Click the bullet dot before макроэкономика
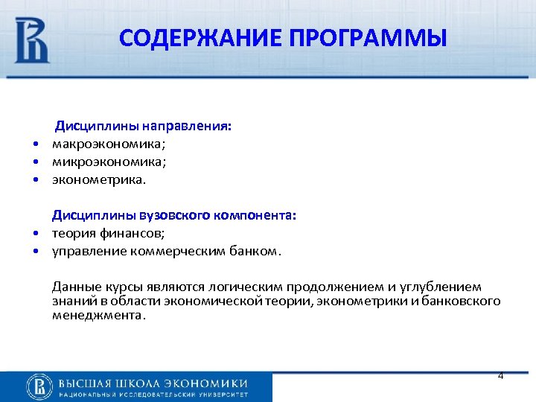point(35,144)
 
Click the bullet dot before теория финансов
point(35,233)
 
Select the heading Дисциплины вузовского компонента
point(173,215)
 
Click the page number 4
point(500,376)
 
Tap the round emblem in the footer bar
point(39,386)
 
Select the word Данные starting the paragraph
point(74,287)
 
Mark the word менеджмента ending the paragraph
point(98,315)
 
